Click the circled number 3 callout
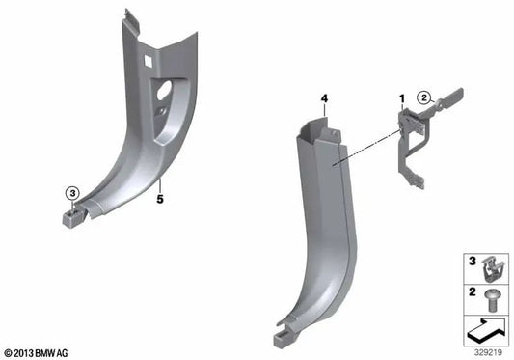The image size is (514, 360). point(71,192)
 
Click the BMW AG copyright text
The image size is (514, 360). point(37,352)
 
